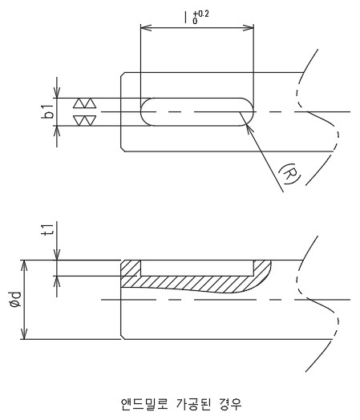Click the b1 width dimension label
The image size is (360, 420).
48,111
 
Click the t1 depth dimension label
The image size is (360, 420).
48,229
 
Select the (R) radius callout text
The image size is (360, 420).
289,174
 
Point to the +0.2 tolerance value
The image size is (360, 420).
200,14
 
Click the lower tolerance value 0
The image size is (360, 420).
195,21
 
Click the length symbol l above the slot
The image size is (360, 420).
185,17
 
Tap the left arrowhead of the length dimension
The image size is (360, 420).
146,27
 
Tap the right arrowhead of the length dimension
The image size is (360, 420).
248,27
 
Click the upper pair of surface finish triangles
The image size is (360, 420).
85,103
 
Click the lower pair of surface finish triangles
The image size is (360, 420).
85,120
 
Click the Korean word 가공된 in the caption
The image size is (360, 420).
194,404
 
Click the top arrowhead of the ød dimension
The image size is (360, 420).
24,265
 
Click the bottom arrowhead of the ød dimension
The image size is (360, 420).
24,333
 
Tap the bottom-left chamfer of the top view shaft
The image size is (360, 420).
123,149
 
